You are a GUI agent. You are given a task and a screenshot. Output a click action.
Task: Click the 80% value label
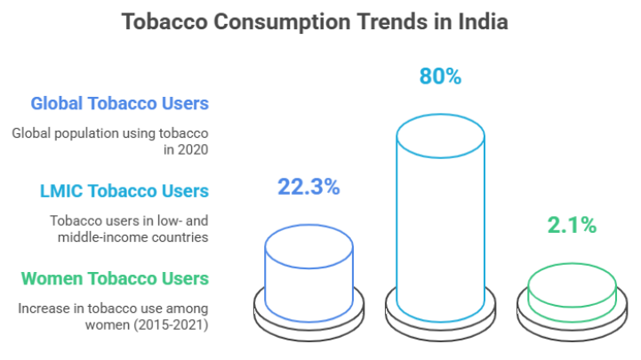pos(440,76)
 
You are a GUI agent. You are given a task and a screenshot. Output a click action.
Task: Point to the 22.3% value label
pos(308,188)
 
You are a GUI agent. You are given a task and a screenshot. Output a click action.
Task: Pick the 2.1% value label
pos(571,226)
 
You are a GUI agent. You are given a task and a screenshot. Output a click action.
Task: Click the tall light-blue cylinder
pos(440,222)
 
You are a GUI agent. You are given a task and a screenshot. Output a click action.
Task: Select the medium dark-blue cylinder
pos(308,267)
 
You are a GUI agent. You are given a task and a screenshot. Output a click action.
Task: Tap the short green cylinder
pos(571,290)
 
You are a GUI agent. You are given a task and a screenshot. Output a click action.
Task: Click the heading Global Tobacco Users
pos(120,103)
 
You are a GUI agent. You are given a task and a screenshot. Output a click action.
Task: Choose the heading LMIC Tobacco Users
pos(124,191)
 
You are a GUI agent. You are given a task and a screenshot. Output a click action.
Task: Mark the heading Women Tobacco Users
pos(115,278)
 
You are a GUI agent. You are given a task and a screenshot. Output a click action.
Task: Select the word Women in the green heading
pos(49,278)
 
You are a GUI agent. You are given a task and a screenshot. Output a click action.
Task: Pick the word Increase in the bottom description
pos(40,308)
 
